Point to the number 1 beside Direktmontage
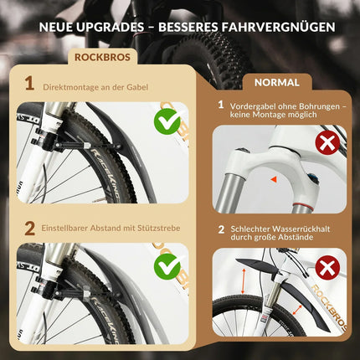pyautogui.click(x=29, y=83)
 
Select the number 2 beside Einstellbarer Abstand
pyautogui.click(x=29, y=229)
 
